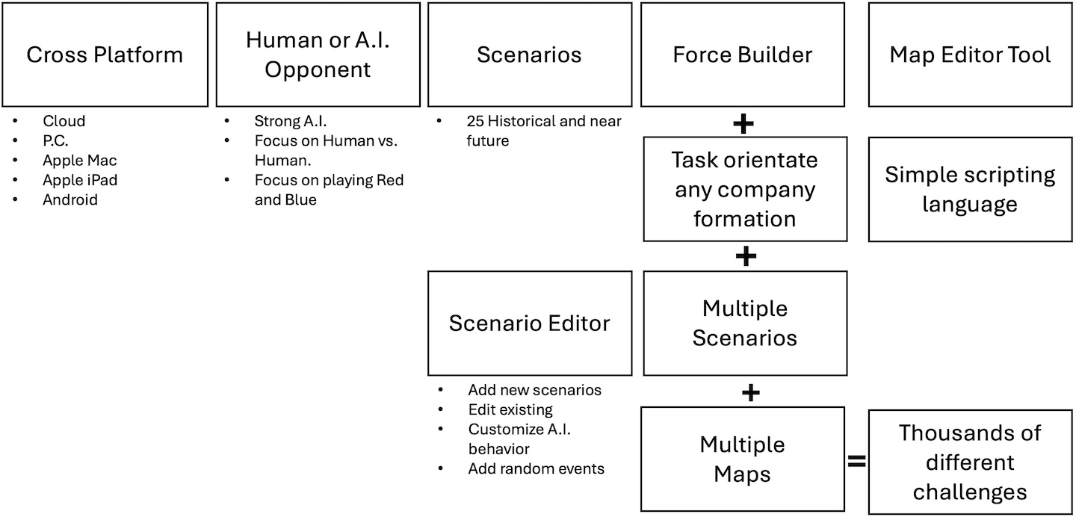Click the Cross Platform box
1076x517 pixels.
105,55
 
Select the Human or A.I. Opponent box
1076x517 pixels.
318,55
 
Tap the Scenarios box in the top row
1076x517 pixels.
529,55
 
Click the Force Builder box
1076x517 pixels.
743,55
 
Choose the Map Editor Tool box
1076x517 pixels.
970,55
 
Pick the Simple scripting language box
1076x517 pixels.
970,189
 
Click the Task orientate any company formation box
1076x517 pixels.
745,189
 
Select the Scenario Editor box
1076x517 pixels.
529,323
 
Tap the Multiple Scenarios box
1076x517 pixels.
745,323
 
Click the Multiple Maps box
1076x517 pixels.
742,459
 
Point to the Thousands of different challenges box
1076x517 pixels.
970,462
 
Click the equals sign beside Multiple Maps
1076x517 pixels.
856,462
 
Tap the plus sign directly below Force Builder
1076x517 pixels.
743,123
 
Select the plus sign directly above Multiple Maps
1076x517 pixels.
751,392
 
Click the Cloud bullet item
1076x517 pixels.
64,121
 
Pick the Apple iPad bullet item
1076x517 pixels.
79,180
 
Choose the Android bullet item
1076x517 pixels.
69,199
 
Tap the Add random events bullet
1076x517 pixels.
536,468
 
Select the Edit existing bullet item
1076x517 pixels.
510,409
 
